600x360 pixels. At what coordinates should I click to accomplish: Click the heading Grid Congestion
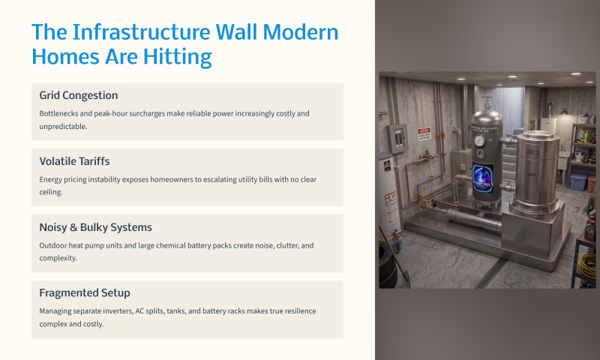pos(79,95)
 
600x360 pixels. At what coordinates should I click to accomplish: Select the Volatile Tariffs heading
pos(74,161)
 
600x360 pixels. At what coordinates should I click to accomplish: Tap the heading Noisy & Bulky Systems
pos(96,227)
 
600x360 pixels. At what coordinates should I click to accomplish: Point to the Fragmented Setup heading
pos(85,293)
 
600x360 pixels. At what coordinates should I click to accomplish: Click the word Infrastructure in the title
pos(141,31)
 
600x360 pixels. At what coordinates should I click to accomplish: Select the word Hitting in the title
pos(178,56)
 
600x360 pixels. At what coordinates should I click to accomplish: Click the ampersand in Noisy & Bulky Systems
pos(73,228)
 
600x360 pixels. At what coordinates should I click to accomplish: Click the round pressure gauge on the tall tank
pos(479,141)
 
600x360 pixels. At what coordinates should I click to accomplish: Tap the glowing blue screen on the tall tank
pos(483,179)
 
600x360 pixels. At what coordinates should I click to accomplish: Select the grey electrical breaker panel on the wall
pos(397,139)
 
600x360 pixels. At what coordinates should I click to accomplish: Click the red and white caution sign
pos(424,134)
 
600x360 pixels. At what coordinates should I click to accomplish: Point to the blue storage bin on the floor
pos(578,181)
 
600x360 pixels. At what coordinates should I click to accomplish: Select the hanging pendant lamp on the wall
pos(564,111)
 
